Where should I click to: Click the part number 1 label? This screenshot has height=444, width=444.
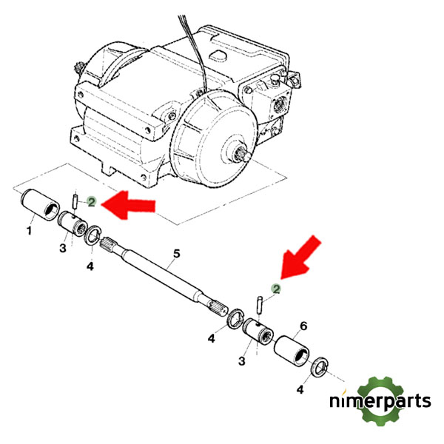click(x=30, y=232)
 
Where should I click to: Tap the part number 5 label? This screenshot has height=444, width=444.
click(x=176, y=254)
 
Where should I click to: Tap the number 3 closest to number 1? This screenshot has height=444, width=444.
click(x=63, y=246)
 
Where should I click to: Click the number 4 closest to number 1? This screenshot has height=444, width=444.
click(x=90, y=265)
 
